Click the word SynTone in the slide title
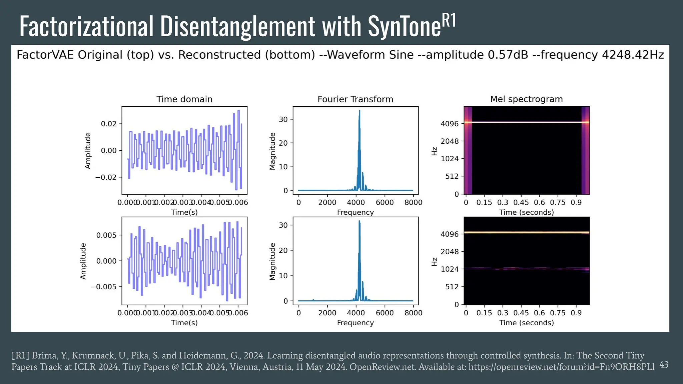coord(404,27)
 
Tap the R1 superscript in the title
coord(449,21)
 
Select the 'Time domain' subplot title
coord(184,99)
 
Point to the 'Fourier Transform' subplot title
coord(355,99)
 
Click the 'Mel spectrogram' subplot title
coord(526,99)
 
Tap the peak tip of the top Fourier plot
coord(360,111)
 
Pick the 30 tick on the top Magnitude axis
coord(283,119)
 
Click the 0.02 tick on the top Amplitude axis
coord(109,124)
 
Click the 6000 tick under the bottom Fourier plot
coord(385,313)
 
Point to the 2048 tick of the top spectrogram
coord(450,141)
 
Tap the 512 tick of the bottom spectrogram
coord(452,287)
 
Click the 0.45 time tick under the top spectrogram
coord(521,202)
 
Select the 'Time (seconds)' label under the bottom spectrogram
coord(526,323)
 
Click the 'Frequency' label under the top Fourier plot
coord(355,212)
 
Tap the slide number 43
coord(664,365)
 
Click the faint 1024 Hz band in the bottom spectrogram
coord(526,268)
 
